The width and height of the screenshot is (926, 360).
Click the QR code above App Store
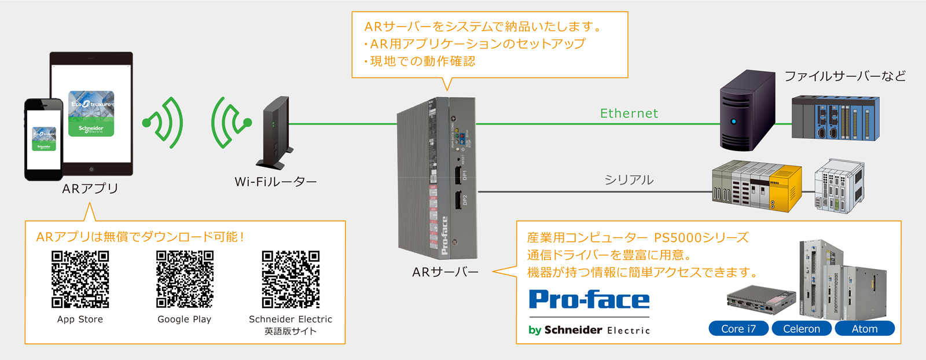(x=80, y=279)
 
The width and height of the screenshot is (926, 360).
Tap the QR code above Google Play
(x=185, y=279)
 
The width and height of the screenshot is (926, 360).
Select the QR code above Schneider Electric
(x=291, y=279)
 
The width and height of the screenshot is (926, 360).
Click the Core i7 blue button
(x=738, y=329)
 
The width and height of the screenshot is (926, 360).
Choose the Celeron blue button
(x=802, y=329)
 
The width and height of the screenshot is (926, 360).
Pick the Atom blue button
(x=865, y=329)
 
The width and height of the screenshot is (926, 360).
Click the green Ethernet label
(x=629, y=113)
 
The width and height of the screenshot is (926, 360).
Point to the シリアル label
(x=629, y=180)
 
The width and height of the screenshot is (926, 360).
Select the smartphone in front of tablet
(x=43, y=139)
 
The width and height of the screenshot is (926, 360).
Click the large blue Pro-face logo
(x=589, y=300)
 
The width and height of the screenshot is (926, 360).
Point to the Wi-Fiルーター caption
(x=275, y=182)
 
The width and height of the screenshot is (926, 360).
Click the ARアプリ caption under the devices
(x=90, y=189)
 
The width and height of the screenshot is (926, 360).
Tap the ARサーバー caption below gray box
(x=445, y=272)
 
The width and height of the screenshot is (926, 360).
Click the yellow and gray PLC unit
(x=757, y=186)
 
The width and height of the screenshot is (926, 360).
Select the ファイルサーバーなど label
(x=845, y=76)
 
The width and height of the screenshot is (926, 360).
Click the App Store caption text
(x=80, y=319)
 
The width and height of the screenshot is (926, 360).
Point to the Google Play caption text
(x=185, y=319)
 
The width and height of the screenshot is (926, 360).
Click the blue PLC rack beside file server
(x=835, y=118)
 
